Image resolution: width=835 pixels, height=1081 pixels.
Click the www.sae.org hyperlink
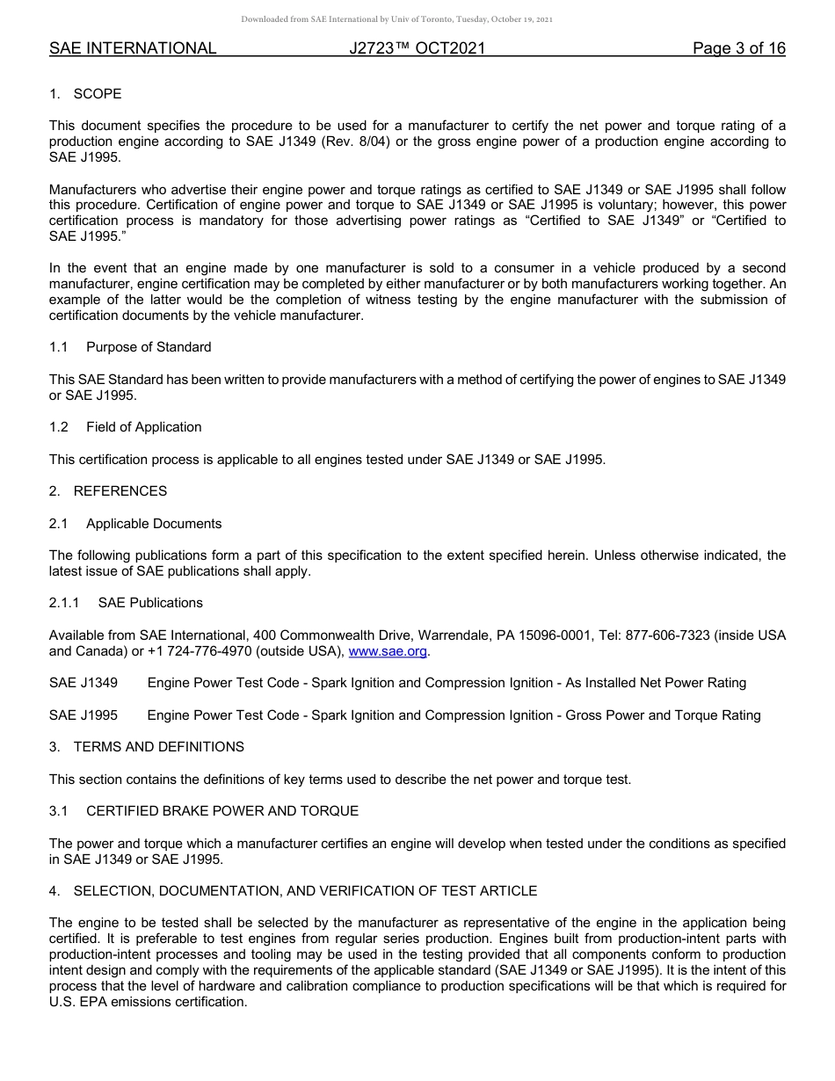(388, 651)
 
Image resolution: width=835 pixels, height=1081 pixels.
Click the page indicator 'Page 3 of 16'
(738, 48)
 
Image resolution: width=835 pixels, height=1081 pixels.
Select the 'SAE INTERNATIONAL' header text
(133, 48)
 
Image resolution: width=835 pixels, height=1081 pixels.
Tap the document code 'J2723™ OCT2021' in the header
(417, 48)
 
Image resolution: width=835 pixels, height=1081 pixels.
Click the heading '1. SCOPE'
(85, 94)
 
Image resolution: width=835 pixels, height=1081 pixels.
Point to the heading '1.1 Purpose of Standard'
(130, 347)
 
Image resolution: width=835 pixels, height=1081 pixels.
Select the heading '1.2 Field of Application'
(126, 427)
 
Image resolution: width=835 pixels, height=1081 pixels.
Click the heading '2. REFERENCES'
(108, 491)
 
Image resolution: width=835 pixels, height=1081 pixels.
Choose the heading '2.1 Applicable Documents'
(135, 524)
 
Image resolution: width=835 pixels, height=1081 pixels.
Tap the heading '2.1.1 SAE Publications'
(126, 603)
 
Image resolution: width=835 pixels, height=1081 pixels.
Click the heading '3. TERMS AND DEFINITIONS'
(147, 747)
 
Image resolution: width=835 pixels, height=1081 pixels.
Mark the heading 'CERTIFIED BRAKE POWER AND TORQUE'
(221, 811)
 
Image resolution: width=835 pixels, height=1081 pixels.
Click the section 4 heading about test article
(293, 891)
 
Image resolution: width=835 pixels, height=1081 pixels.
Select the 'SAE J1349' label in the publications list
(83, 683)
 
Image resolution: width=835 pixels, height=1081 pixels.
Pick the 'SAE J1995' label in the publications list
(83, 715)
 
